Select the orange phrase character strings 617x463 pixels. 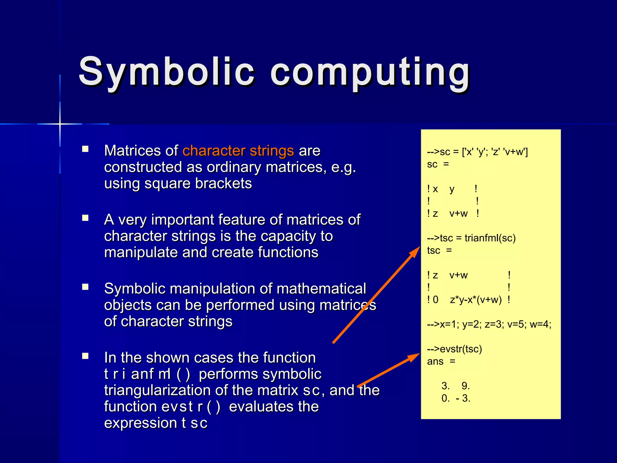pyautogui.click(x=238, y=150)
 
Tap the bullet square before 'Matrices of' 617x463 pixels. pyautogui.click(x=85, y=149)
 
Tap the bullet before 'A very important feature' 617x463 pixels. pyautogui.click(x=85, y=218)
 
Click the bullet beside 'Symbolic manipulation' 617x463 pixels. pyautogui.click(x=85, y=287)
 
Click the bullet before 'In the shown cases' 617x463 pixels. pyautogui.click(x=85, y=356)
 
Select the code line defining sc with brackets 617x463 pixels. pyautogui.click(x=477, y=152)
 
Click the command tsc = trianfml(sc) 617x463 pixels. pyautogui.click(x=471, y=238)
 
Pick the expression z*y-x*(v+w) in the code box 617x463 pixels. pyautogui.click(x=476, y=300)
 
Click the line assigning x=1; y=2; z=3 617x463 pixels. pyautogui.click(x=489, y=324)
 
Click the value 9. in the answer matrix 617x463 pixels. pyautogui.click(x=465, y=386)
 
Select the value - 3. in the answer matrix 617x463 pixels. pyautogui.click(x=463, y=398)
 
